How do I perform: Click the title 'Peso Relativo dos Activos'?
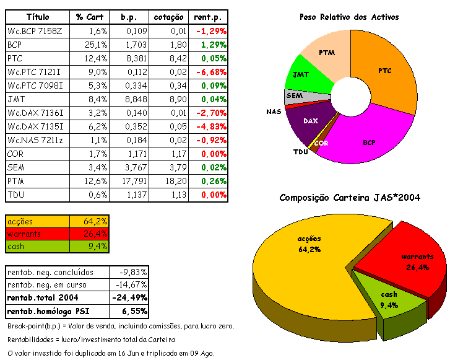348,17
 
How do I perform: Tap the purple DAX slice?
310,121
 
